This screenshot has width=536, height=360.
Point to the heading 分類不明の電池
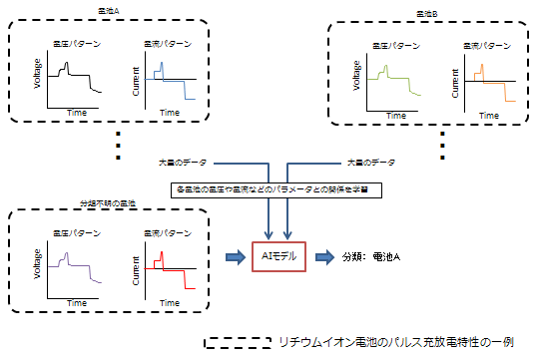pyautogui.click(x=107, y=202)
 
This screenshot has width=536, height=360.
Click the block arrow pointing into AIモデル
pyautogui.click(x=232, y=256)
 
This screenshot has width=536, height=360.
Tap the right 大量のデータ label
pyautogui.click(x=370, y=161)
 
